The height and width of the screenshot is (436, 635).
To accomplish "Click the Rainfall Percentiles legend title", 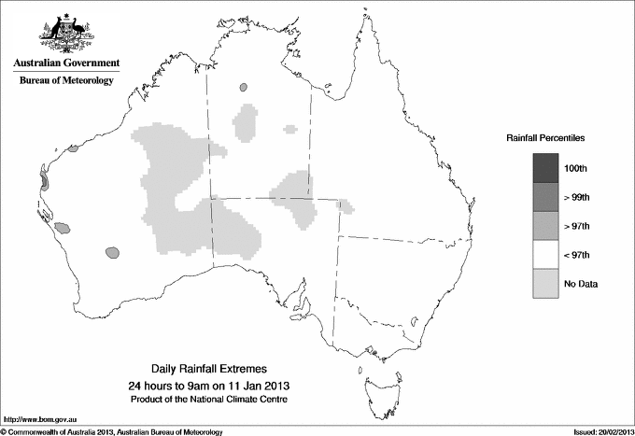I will (545, 138).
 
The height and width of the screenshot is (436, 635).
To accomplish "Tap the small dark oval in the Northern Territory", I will (244, 87).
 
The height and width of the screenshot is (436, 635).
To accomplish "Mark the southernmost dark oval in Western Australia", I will (113, 251).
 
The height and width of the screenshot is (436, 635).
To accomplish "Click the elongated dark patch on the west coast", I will (43, 178).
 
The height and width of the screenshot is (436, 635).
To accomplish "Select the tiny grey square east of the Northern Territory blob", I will (290, 129).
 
